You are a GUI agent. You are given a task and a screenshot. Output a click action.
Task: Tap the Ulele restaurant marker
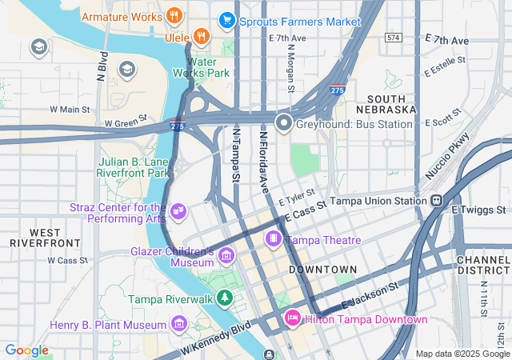tap(201, 35)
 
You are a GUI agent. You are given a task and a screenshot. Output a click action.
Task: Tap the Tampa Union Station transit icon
tap(436, 200)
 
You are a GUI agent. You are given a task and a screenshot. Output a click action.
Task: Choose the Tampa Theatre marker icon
tap(274, 238)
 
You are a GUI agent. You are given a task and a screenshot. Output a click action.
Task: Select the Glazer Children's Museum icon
tap(226, 256)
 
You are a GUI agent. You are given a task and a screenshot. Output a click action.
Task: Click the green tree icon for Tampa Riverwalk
tap(226, 298)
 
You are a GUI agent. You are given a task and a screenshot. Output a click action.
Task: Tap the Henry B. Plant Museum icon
tap(179, 324)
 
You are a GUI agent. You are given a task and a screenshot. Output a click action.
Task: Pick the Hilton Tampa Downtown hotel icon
tap(292, 319)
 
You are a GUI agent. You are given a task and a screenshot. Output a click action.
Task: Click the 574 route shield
tap(392, 38)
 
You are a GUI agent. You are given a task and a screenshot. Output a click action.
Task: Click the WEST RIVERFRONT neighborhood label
tap(45, 236)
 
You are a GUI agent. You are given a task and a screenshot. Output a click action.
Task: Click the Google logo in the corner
tap(26, 350)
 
